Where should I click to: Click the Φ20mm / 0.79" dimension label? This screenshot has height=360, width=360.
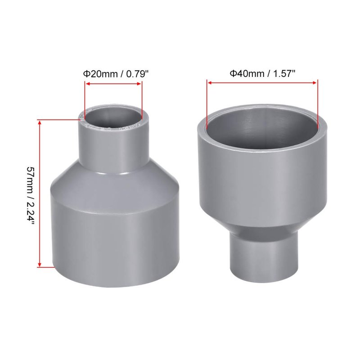pyautogui.click(x=116, y=74)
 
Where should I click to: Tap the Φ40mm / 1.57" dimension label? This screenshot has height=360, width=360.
pyautogui.click(x=262, y=74)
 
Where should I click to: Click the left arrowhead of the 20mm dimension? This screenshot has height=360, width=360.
pyautogui.click(x=87, y=84)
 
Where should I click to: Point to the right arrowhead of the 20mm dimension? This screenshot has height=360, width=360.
pyautogui.click(x=139, y=84)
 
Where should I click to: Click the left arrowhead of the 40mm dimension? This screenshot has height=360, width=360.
pyautogui.click(x=209, y=83)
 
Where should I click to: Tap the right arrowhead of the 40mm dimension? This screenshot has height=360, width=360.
pyautogui.click(x=315, y=83)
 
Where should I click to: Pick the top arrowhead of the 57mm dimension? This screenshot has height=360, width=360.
pyautogui.click(x=40, y=122)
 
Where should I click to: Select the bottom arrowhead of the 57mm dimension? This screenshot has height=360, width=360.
pyautogui.click(x=40, y=265)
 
